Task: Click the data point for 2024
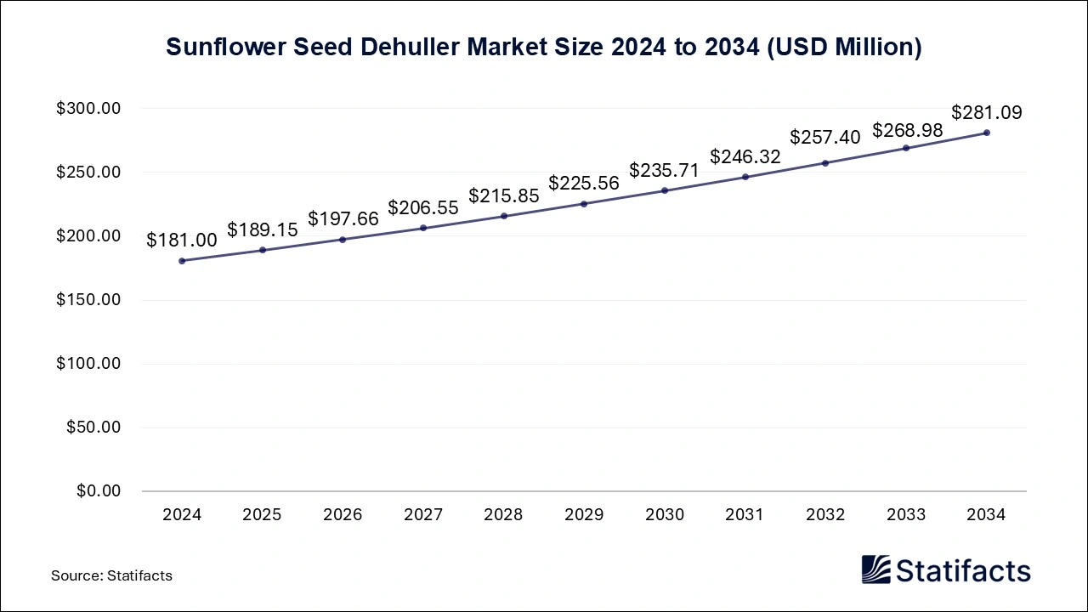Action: pos(182,261)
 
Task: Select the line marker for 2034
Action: pos(987,133)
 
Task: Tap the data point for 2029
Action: pos(584,204)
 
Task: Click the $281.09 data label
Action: pos(986,112)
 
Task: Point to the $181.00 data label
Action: pos(182,241)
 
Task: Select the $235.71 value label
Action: pos(664,170)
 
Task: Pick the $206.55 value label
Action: pos(423,207)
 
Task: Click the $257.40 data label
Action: pos(824,137)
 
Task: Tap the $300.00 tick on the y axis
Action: pos(89,109)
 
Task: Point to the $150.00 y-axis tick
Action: pos(89,300)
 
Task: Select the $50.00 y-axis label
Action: pos(93,428)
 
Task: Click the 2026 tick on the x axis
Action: pos(343,515)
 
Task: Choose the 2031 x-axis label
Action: pos(745,515)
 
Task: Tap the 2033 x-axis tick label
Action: pos(906,515)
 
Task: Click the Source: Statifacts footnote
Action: pos(111,575)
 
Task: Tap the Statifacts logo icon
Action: pos(875,569)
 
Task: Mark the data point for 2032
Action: pos(825,163)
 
